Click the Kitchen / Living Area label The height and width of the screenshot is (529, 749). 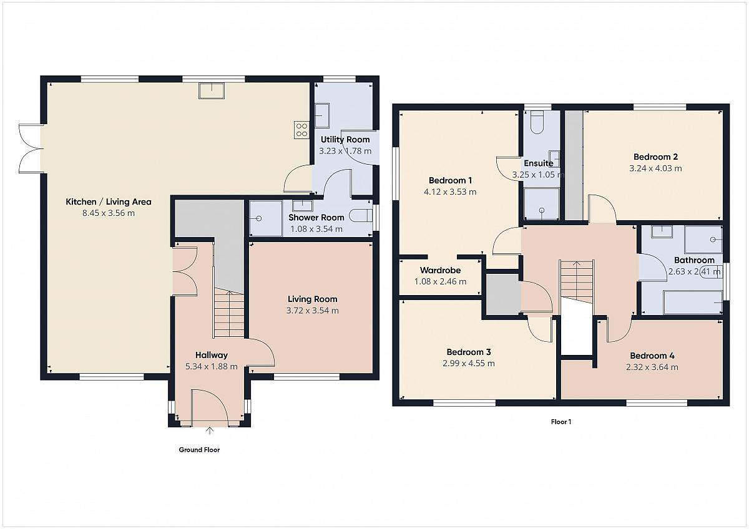click(109, 202)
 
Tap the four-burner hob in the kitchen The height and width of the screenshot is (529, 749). click(301, 130)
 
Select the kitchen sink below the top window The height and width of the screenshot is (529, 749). click(212, 91)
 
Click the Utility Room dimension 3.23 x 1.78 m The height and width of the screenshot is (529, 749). click(345, 151)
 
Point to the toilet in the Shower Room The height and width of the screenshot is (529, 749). click(361, 216)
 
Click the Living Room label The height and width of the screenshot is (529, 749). click(312, 299)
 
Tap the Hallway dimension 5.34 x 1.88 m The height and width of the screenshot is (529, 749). click(212, 367)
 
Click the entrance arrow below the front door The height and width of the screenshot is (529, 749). click(209, 430)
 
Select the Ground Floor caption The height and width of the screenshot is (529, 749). click(199, 450)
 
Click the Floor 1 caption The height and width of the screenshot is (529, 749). click(561, 422)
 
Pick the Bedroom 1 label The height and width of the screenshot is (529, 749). click(450, 180)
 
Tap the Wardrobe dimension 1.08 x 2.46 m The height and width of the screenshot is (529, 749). click(440, 282)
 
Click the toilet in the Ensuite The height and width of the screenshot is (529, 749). click(537, 122)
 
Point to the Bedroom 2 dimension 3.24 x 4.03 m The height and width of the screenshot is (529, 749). click(655, 168)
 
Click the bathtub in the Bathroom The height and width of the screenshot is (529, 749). click(692, 303)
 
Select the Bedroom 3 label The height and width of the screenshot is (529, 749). click(469, 352)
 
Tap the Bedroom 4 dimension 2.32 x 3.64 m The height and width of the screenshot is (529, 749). click(652, 367)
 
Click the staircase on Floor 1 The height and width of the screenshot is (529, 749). click(577, 282)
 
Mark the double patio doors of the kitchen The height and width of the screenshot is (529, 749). click(31, 148)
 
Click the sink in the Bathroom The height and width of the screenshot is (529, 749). click(662, 232)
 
